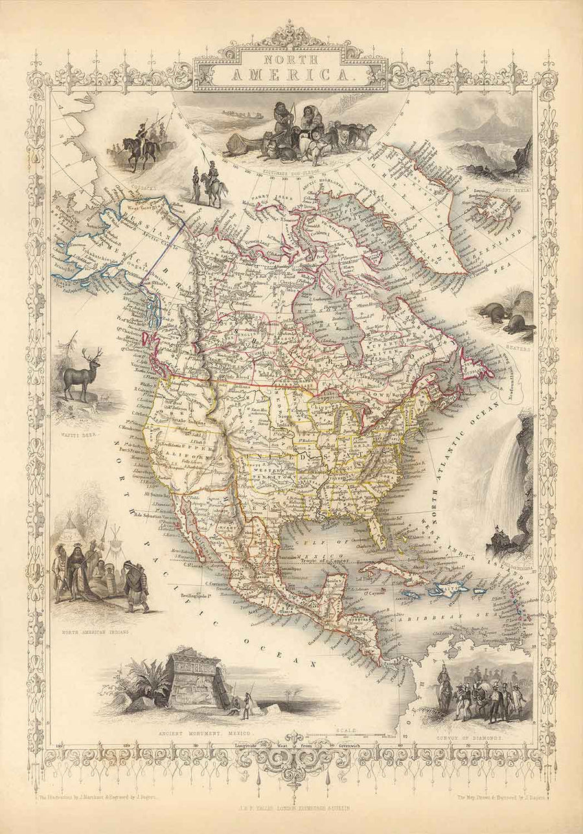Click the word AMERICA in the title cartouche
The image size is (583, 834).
click(291, 75)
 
